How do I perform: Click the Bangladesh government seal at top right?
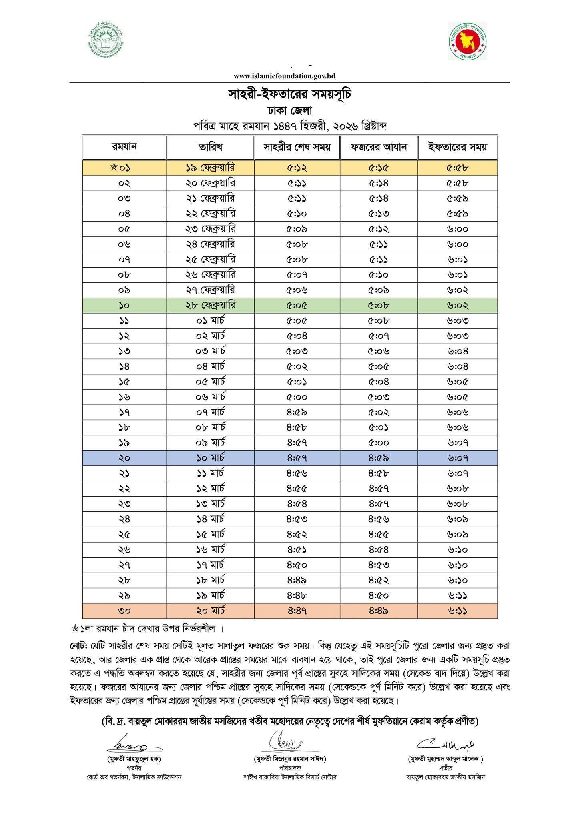467,41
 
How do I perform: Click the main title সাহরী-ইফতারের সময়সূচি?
290,95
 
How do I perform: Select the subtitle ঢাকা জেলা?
290,111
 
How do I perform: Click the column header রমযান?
124,147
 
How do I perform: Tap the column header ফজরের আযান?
379,147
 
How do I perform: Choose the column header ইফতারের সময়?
458,147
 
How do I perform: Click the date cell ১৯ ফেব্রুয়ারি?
210,168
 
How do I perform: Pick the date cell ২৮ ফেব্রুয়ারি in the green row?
210,306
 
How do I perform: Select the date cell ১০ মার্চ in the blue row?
210,458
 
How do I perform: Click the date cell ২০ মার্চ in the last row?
210,611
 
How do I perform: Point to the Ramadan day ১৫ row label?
124,382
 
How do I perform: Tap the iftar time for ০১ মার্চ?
458,321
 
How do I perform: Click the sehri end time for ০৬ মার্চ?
297,397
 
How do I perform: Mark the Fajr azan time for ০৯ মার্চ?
379,443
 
